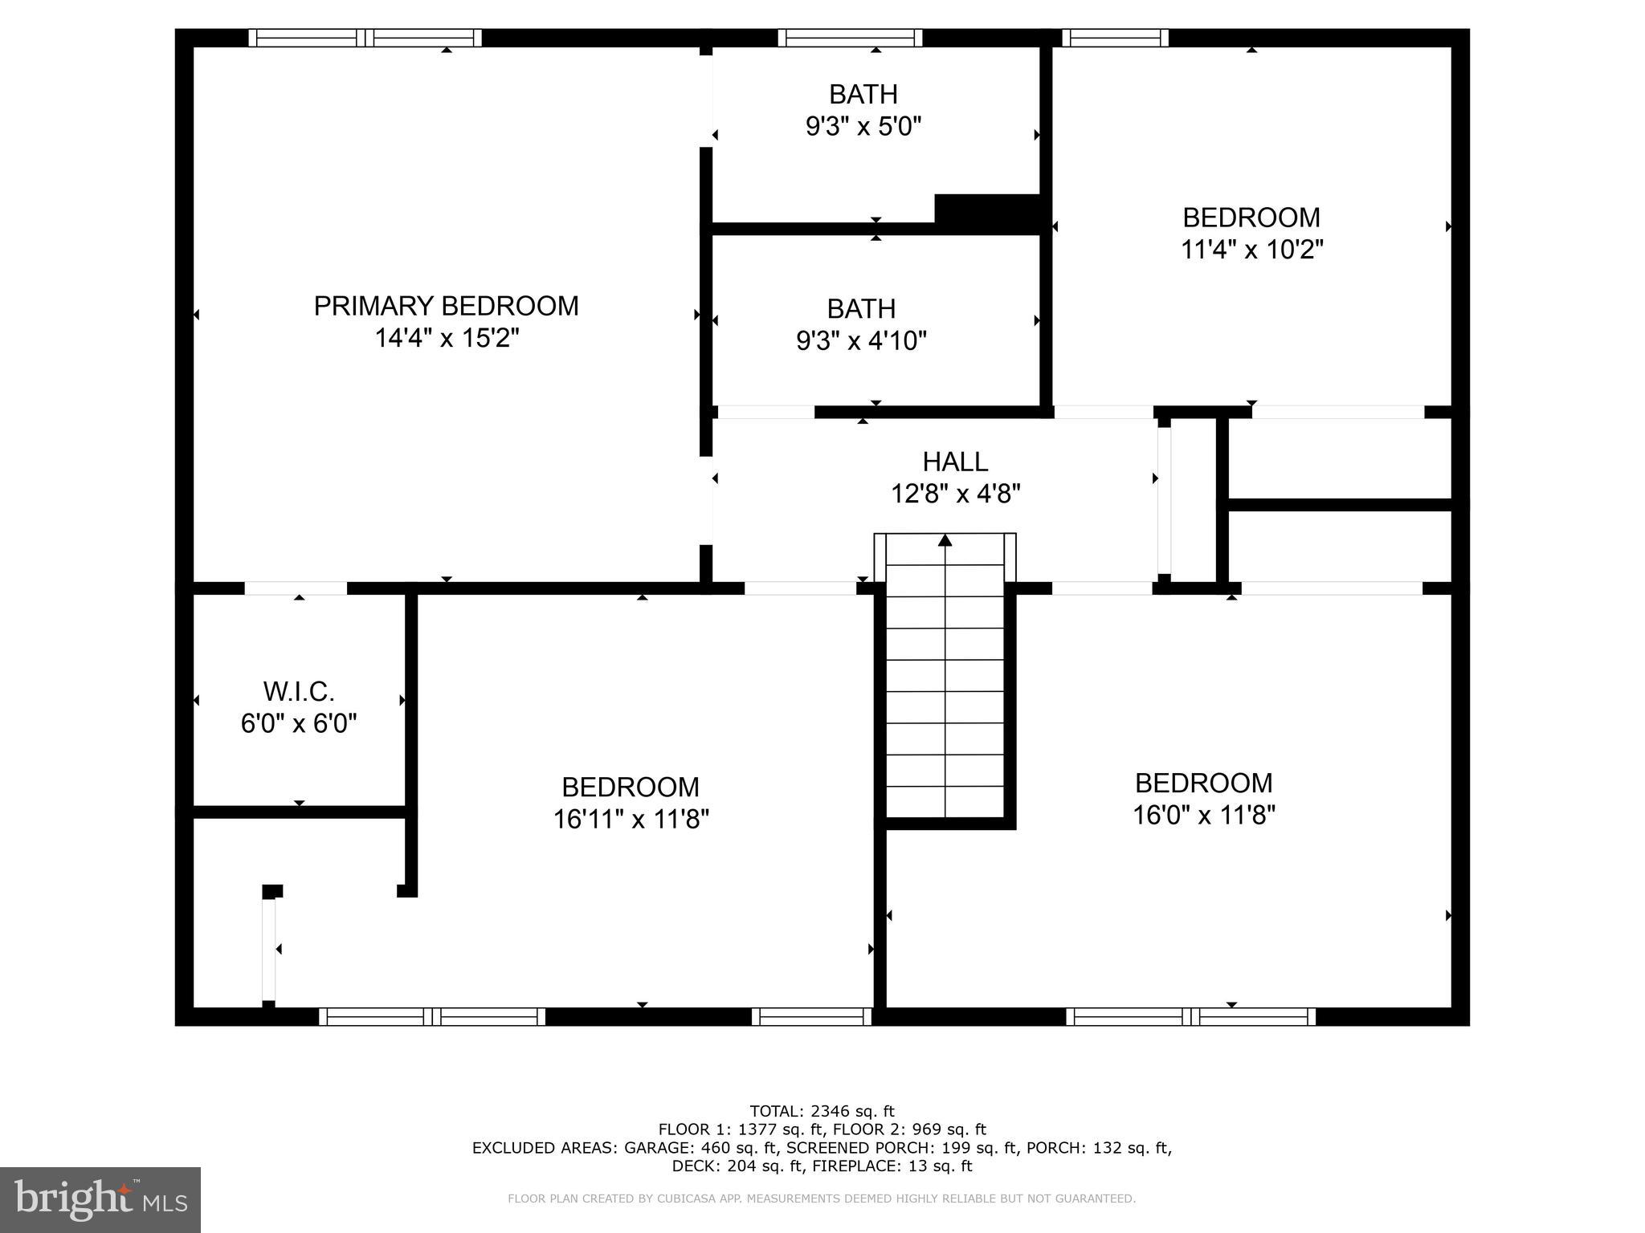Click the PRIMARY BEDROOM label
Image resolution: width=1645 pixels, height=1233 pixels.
pos(446,306)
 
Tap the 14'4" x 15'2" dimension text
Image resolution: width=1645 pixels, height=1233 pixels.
pos(447,338)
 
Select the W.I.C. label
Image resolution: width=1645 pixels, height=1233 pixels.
pos(299,691)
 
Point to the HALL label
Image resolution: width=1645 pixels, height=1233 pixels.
pos(955,462)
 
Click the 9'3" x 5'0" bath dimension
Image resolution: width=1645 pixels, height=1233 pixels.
pos(863,126)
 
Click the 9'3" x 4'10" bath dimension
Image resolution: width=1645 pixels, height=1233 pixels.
pos(861,341)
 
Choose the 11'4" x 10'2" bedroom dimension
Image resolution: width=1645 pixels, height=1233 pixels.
pos(1251,250)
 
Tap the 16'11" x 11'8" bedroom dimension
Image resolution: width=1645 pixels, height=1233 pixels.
pos(631,820)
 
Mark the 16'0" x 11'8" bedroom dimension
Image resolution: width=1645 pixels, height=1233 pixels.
pos(1203,816)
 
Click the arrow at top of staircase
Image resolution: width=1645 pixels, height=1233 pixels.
pos(945,540)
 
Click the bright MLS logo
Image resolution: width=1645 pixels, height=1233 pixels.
pos(100,1199)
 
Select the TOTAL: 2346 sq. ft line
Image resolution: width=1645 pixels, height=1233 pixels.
pos(822,1112)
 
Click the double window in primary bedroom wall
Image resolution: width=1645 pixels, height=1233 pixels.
pos(365,38)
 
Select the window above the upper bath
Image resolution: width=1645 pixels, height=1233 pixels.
pos(850,38)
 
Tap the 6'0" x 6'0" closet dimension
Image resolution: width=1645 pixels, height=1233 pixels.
pos(299,723)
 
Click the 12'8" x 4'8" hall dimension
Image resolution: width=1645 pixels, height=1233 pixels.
pos(955,494)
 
